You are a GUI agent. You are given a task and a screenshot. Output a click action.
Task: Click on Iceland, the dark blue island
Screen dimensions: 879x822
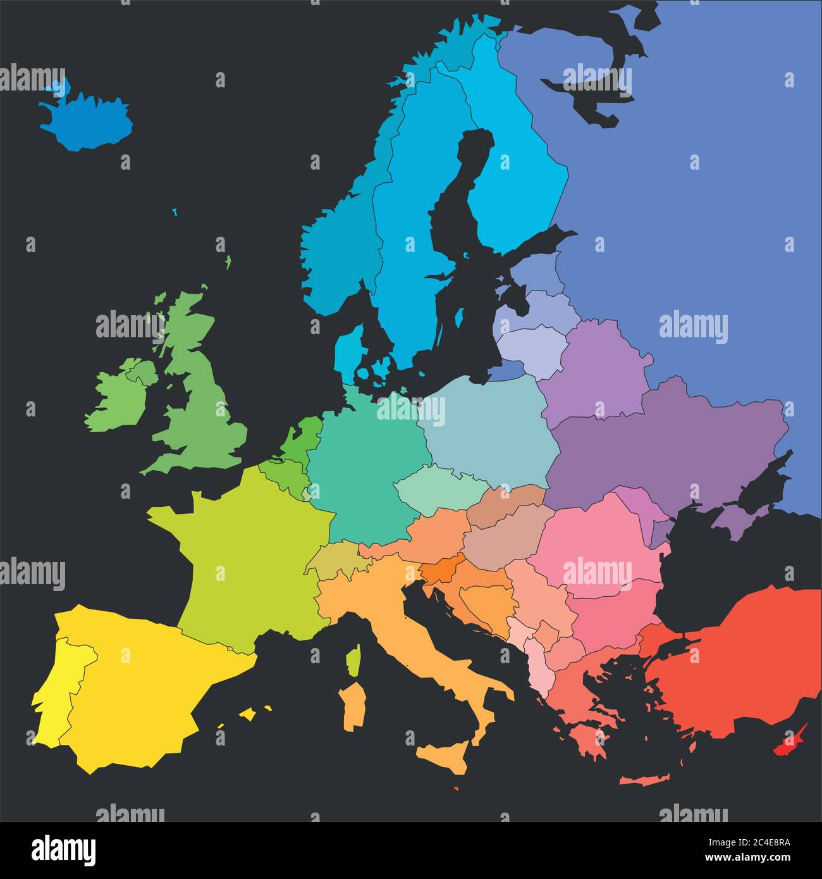[x=89, y=120]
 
